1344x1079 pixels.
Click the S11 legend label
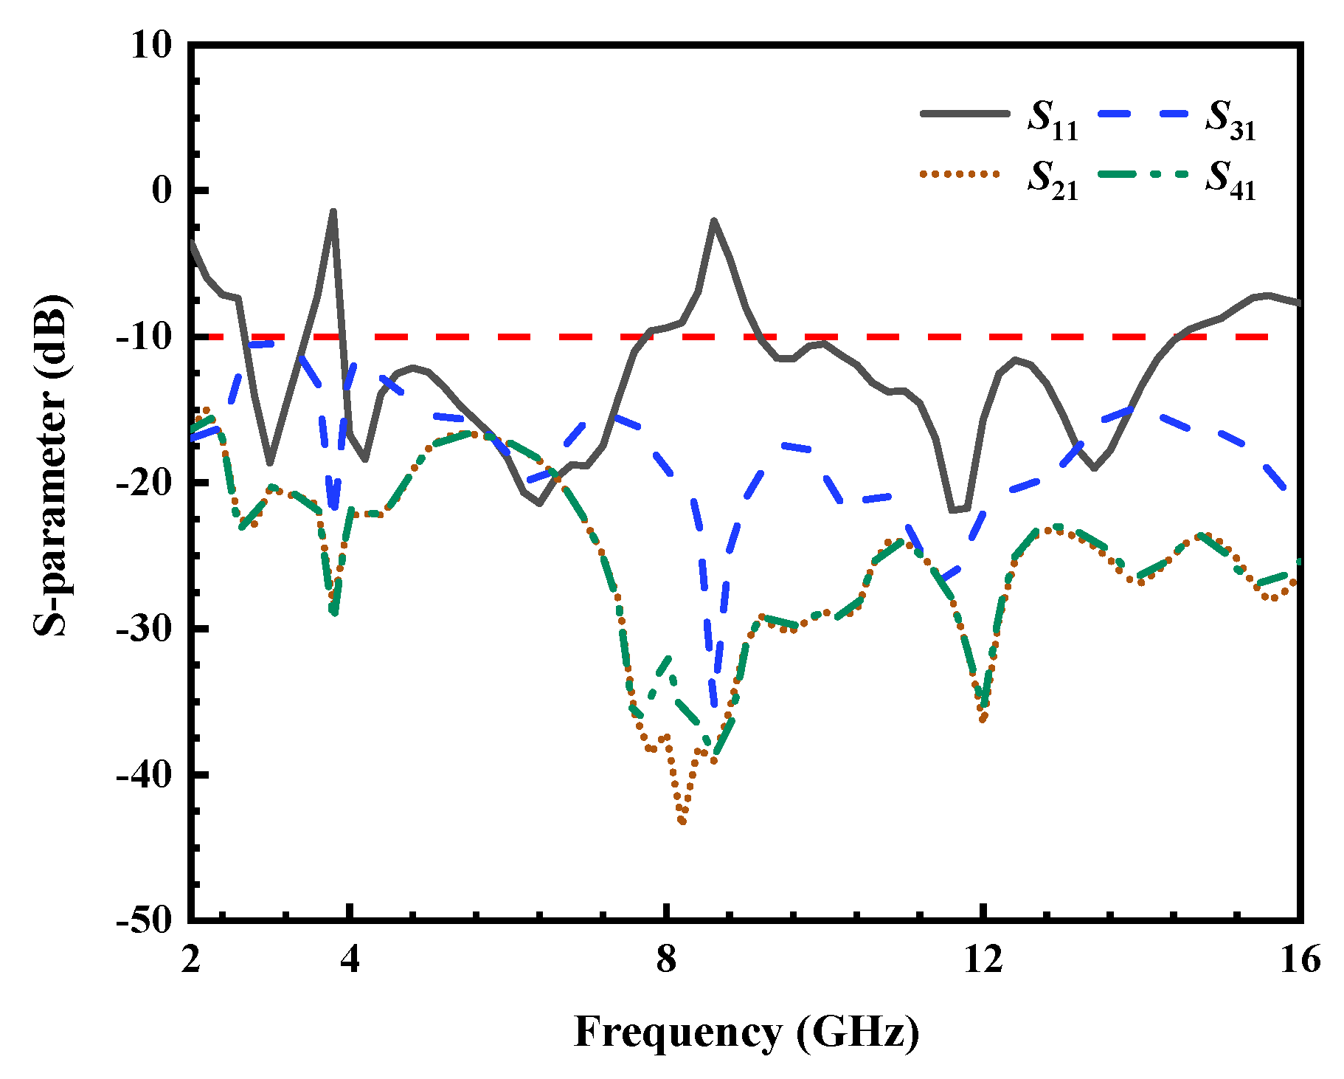pyautogui.click(x=1053, y=120)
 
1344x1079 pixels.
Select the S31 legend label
pyautogui.click(x=1230, y=120)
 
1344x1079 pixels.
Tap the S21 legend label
pyautogui.click(x=1053, y=180)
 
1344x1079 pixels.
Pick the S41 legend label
pyautogui.click(x=1230, y=180)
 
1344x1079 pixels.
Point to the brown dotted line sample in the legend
pyautogui.click(x=959, y=174)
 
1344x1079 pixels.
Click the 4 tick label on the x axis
pyautogui.click(x=350, y=959)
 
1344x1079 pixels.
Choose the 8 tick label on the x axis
pyautogui.click(x=666, y=959)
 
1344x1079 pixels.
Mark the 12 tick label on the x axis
pyautogui.click(x=983, y=959)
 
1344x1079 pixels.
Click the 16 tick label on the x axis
pyautogui.click(x=1299, y=959)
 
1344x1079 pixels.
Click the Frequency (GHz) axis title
pyautogui.click(x=747, y=1032)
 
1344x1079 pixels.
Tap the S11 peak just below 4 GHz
pyautogui.click(x=333, y=211)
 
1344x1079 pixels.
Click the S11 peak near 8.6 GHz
pyautogui.click(x=713, y=220)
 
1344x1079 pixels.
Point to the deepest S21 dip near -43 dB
pyautogui.click(x=682, y=821)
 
